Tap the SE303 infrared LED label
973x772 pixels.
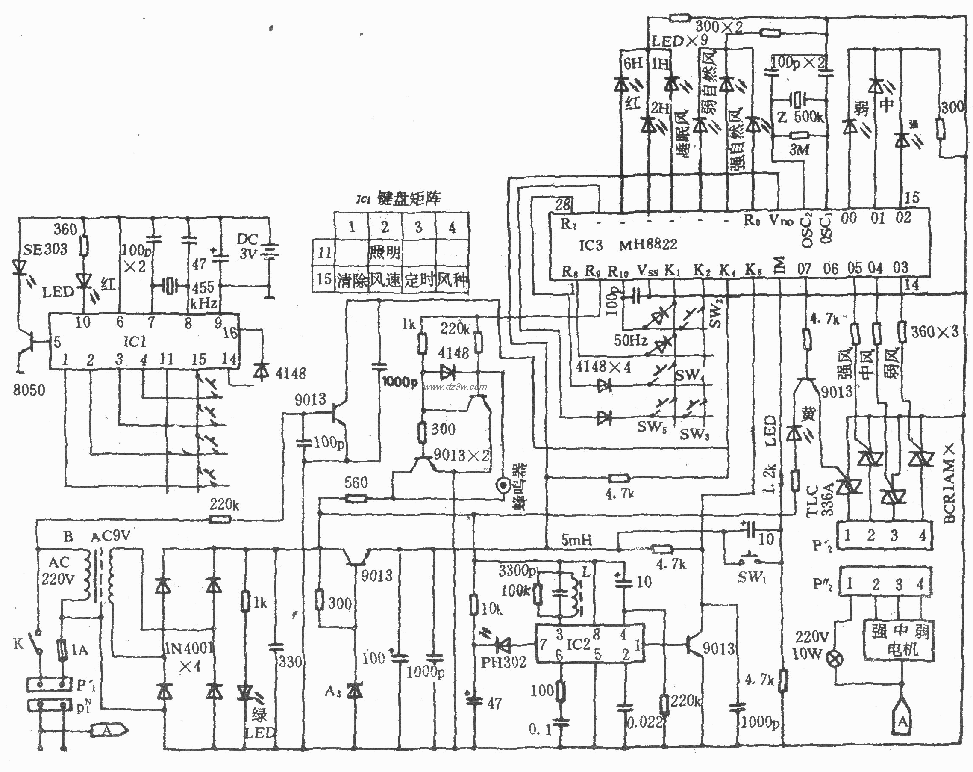pos(45,249)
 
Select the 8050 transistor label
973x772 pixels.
pos(29,389)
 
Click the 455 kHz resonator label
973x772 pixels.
pos(203,295)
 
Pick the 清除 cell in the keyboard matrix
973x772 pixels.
pos(352,280)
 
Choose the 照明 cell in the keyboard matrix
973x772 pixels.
pos(385,252)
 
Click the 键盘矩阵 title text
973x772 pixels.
pos(409,199)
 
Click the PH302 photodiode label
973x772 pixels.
pos(503,662)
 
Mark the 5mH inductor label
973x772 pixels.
pos(576,540)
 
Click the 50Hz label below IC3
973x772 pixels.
pos(630,340)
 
